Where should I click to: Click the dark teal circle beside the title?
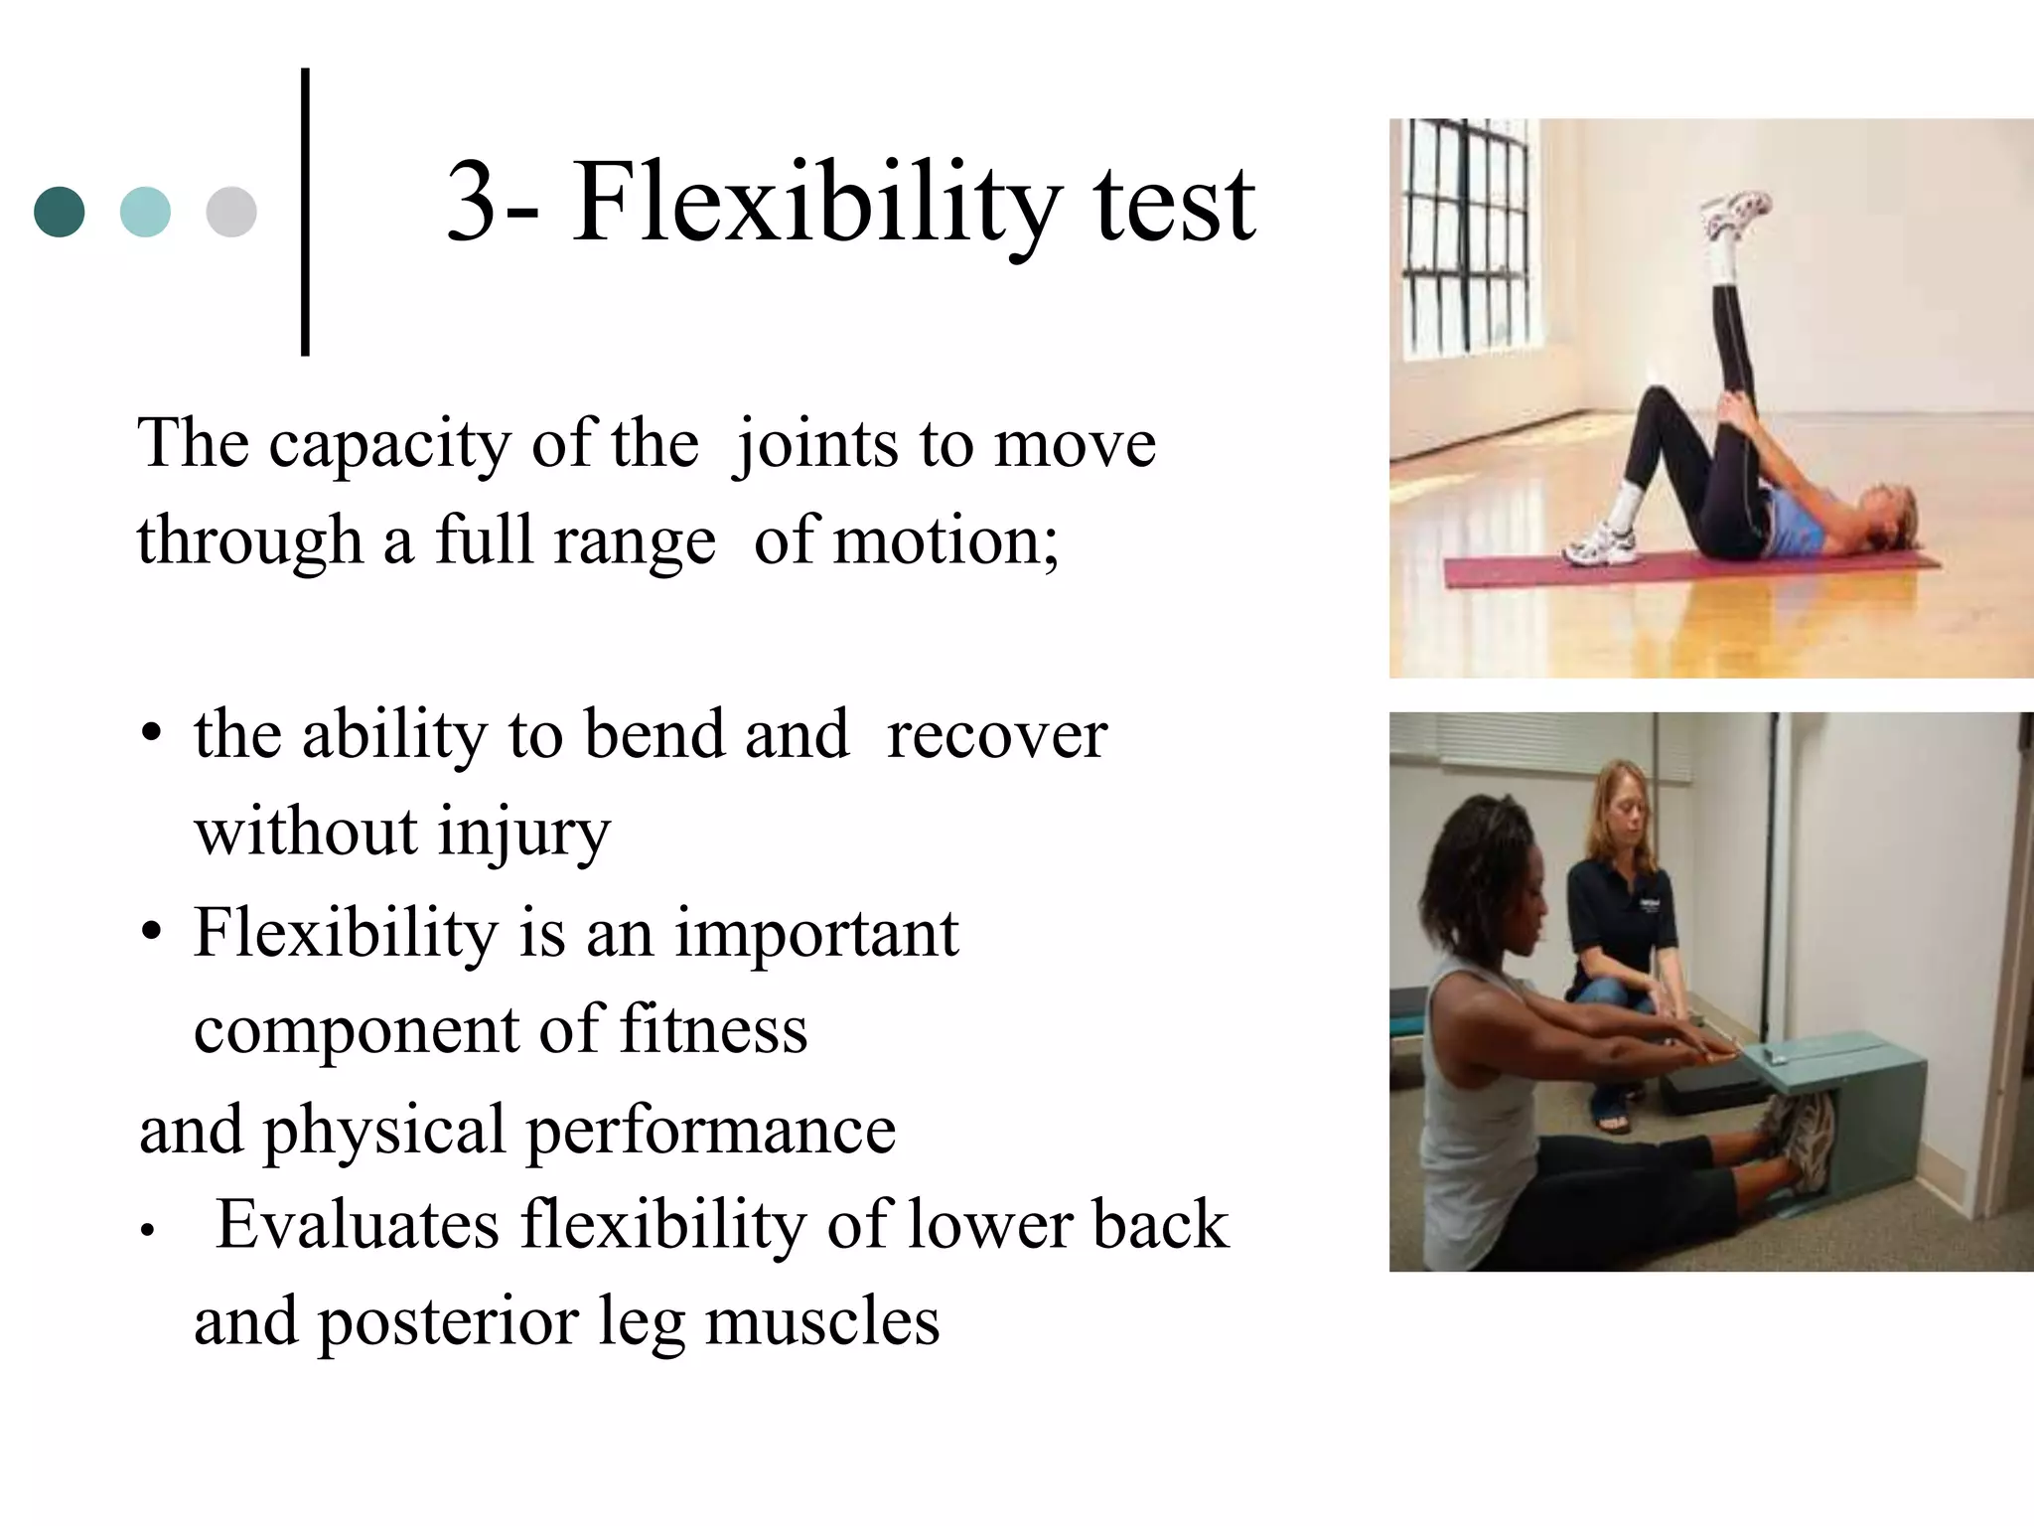[60, 212]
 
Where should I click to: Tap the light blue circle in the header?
[145, 212]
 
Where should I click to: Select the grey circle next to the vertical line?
[231, 212]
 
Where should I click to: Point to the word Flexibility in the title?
[815, 204]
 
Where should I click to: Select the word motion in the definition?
[944, 541]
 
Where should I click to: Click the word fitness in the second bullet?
[713, 1030]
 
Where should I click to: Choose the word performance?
[709, 1131]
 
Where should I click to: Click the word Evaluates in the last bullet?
[358, 1225]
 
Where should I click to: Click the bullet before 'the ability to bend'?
[151, 736]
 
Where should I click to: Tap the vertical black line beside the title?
[305, 212]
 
